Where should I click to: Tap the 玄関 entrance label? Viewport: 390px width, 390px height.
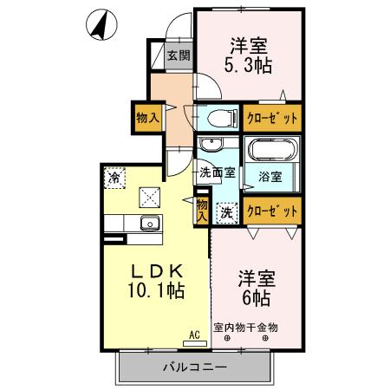pyautogui.click(x=179, y=57)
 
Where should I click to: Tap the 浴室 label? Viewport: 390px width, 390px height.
pyautogui.click(x=270, y=179)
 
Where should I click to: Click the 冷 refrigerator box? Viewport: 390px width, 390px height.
pyautogui.click(x=114, y=178)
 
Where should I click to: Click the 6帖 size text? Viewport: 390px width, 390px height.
pyautogui.click(x=257, y=299)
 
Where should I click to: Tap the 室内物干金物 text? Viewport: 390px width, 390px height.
pyautogui.click(x=247, y=328)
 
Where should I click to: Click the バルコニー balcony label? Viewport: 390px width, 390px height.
pyautogui.click(x=194, y=367)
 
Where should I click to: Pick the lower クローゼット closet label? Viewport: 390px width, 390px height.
pyautogui.click(x=272, y=209)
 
